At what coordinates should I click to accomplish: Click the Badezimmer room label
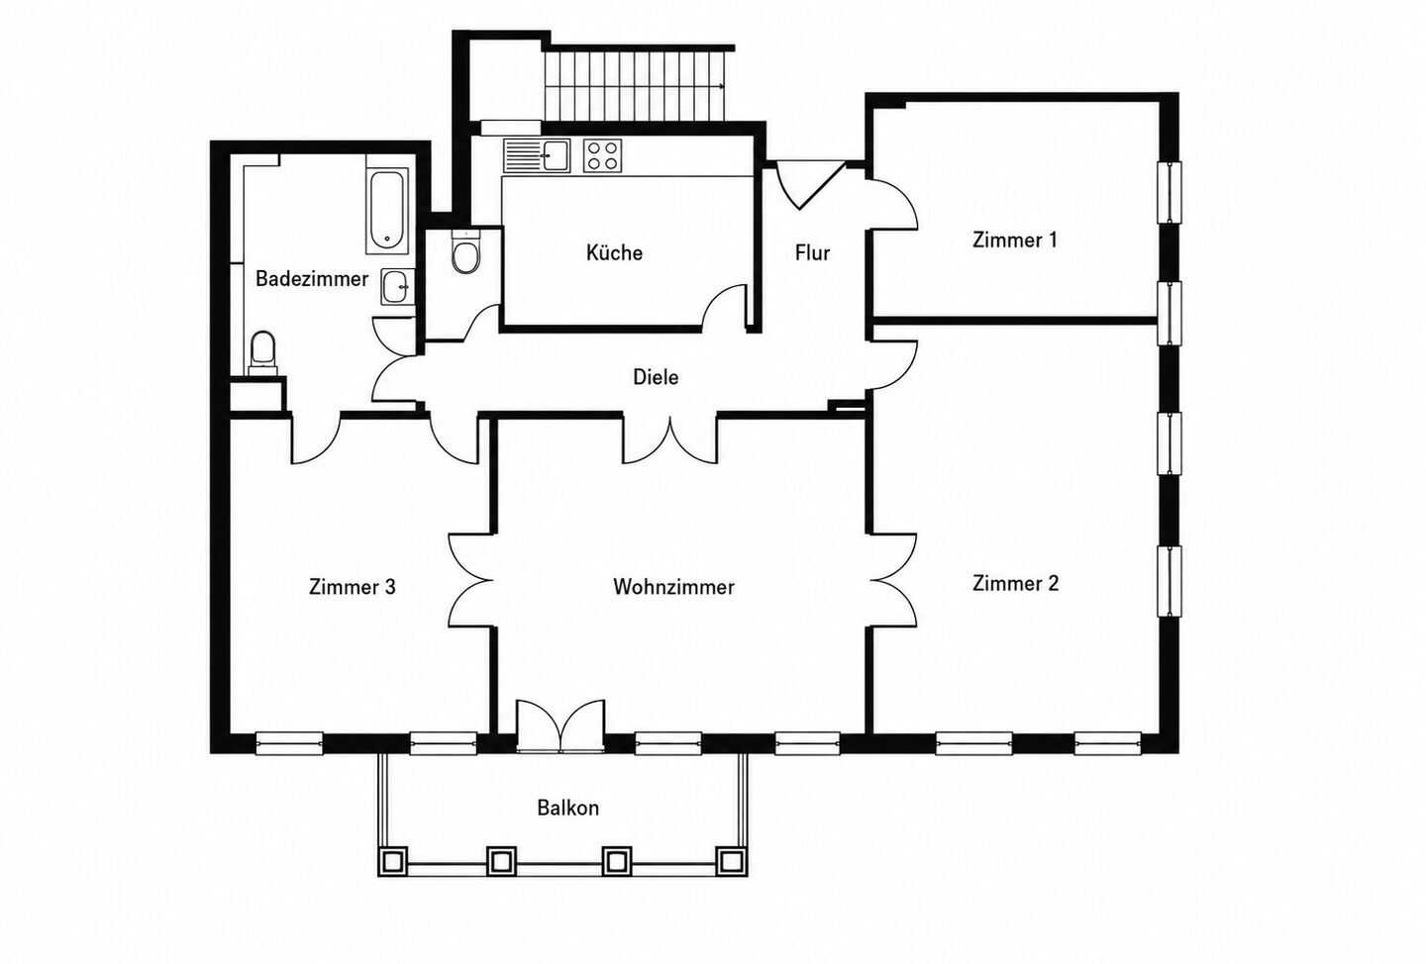(x=312, y=279)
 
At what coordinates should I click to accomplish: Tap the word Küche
(x=614, y=252)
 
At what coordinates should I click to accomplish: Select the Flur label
(x=812, y=252)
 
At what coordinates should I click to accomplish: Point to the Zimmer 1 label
(x=1015, y=240)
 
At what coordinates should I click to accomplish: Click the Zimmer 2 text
(x=1015, y=583)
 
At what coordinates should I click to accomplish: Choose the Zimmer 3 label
(x=353, y=586)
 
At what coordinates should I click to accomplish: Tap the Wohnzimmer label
(x=673, y=587)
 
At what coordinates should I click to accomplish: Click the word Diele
(x=656, y=377)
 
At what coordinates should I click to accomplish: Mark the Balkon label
(x=567, y=808)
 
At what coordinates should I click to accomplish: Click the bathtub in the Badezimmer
(x=387, y=211)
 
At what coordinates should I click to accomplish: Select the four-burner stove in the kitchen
(x=602, y=156)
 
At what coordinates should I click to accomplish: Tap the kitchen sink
(x=538, y=156)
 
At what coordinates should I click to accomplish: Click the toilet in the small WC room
(x=465, y=252)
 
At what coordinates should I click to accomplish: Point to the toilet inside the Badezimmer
(x=263, y=352)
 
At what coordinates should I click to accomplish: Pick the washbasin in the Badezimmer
(x=398, y=287)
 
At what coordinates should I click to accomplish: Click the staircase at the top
(x=634, y=86)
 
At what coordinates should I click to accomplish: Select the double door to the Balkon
(x=560, y=726)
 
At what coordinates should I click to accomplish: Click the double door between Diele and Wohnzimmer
(x=669, y=440)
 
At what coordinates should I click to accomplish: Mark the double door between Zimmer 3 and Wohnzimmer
(x=472, y=580)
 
